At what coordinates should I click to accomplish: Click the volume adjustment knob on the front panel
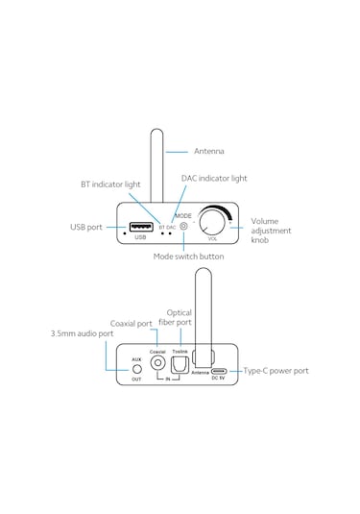pos(213,225)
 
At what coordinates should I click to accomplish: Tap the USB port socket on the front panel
pos(140,228)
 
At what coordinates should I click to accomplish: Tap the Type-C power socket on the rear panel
pos(218,370)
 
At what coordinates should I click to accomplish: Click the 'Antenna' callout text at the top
pos(209,152)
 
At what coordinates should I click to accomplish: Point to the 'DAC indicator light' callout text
pos(214,178)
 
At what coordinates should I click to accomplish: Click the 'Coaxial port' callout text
pos(132,323)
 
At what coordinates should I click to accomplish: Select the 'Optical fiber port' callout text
pos(180,317)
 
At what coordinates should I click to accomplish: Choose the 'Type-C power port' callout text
pos(276,370)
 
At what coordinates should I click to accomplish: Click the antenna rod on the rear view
pos(202,317)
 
